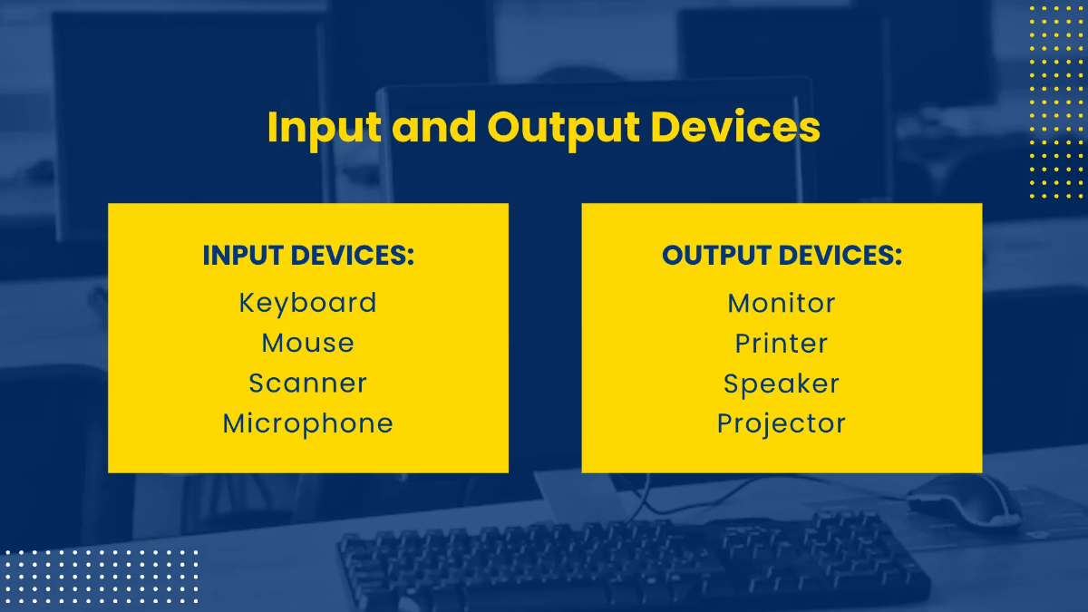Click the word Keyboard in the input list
[307, 303]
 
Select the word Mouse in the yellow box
[307, 343]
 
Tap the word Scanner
[307, 383]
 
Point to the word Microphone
[307, 423]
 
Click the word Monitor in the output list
[782, 303]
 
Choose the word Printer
[782, 344]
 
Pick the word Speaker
[782, 384]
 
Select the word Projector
[782, 423]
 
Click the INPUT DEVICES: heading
[307, 256]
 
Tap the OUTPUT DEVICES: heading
[782, 256]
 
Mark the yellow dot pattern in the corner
[1056, 100]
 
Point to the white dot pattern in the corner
[100, 576]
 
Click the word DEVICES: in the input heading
[355, 256]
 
